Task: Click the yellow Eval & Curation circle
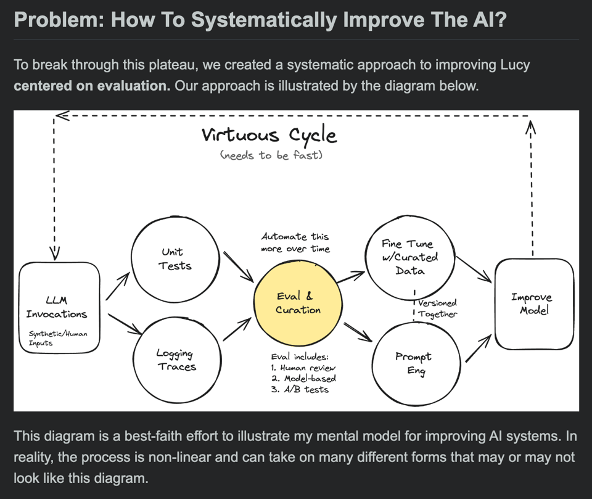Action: click(297, 303)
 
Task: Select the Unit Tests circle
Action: click(176, 259)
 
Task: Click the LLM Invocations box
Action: click(58, 307)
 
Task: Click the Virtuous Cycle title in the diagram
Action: click(269, 134)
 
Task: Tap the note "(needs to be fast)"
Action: click(271, 155)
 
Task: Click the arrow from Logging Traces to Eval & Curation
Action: click(237, 329)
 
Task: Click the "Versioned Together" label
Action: click(437, 308)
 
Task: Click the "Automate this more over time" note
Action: click(295, 242)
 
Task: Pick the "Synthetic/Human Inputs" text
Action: click(58, 338)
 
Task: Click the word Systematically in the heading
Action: click(264, 20)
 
